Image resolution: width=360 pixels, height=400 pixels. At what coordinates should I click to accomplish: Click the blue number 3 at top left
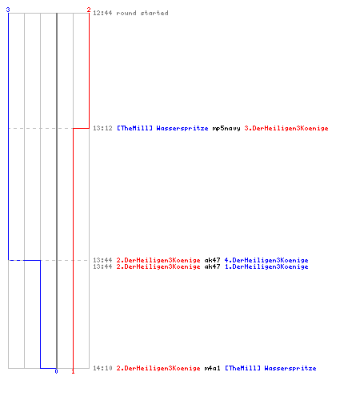[x=8, y=10]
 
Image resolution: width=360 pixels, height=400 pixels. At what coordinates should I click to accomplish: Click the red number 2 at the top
[x=89, y=10]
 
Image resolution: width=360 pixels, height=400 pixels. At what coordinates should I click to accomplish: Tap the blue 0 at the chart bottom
[x=56, y=371]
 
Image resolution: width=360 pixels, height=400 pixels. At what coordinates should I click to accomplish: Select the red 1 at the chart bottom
[x=73, y=371]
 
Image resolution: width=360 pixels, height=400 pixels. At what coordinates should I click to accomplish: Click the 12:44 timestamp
[x=102, y=13]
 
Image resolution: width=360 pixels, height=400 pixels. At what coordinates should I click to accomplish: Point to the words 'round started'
[x=142, y=13]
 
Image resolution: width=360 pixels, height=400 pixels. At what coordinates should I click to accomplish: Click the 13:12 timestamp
[x=102, y=128]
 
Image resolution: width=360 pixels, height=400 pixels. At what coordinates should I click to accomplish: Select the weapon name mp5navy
[x=226, y=129]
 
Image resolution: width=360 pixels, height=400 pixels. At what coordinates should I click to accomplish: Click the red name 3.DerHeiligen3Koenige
[x=286, y=129]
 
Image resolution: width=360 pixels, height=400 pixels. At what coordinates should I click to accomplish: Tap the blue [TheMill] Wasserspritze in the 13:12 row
[x=162, y=129]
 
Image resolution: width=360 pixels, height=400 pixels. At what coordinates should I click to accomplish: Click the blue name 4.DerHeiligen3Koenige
[x=266, y=260]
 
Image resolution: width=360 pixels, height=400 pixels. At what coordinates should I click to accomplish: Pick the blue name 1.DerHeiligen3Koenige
[x=266, y=266]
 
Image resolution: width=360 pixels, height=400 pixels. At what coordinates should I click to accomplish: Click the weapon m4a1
[x=212, y=368]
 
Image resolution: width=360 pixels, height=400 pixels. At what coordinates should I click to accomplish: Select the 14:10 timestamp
[x=102, y=368]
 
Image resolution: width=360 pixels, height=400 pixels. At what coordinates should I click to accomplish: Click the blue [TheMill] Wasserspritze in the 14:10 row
[x=270, y=368]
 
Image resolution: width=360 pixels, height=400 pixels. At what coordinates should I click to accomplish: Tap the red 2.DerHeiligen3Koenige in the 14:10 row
[x=158, y=368]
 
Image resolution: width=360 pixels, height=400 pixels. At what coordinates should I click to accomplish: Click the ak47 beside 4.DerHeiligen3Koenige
[x=212, y=260]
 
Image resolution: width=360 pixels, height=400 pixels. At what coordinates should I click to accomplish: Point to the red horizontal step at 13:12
[x=81, y=128]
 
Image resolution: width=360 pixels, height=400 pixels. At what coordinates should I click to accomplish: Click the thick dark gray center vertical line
[x=57, y=190]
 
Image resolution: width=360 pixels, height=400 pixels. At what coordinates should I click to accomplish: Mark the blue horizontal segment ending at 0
[x=48, y=368]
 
